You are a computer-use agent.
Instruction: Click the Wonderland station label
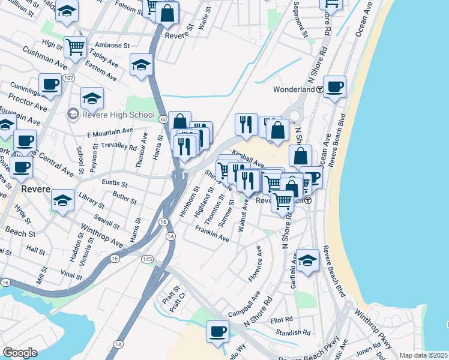tap(294, 89)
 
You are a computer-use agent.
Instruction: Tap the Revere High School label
tap(118, 115)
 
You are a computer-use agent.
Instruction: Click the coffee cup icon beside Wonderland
tap(334, 87)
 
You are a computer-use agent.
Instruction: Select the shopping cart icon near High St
tap(75, 47)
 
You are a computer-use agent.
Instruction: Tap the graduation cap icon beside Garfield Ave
tap(307, 261)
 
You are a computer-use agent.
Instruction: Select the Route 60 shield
tap(163, 119)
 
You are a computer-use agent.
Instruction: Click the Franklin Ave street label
tap(212, 234)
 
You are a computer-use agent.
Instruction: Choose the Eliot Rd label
tap(281, 319)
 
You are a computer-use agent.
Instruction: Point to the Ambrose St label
tap(113, 45)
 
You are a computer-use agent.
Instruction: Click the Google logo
tap(20, 353)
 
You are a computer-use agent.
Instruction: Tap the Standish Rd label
tap(292, 331)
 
